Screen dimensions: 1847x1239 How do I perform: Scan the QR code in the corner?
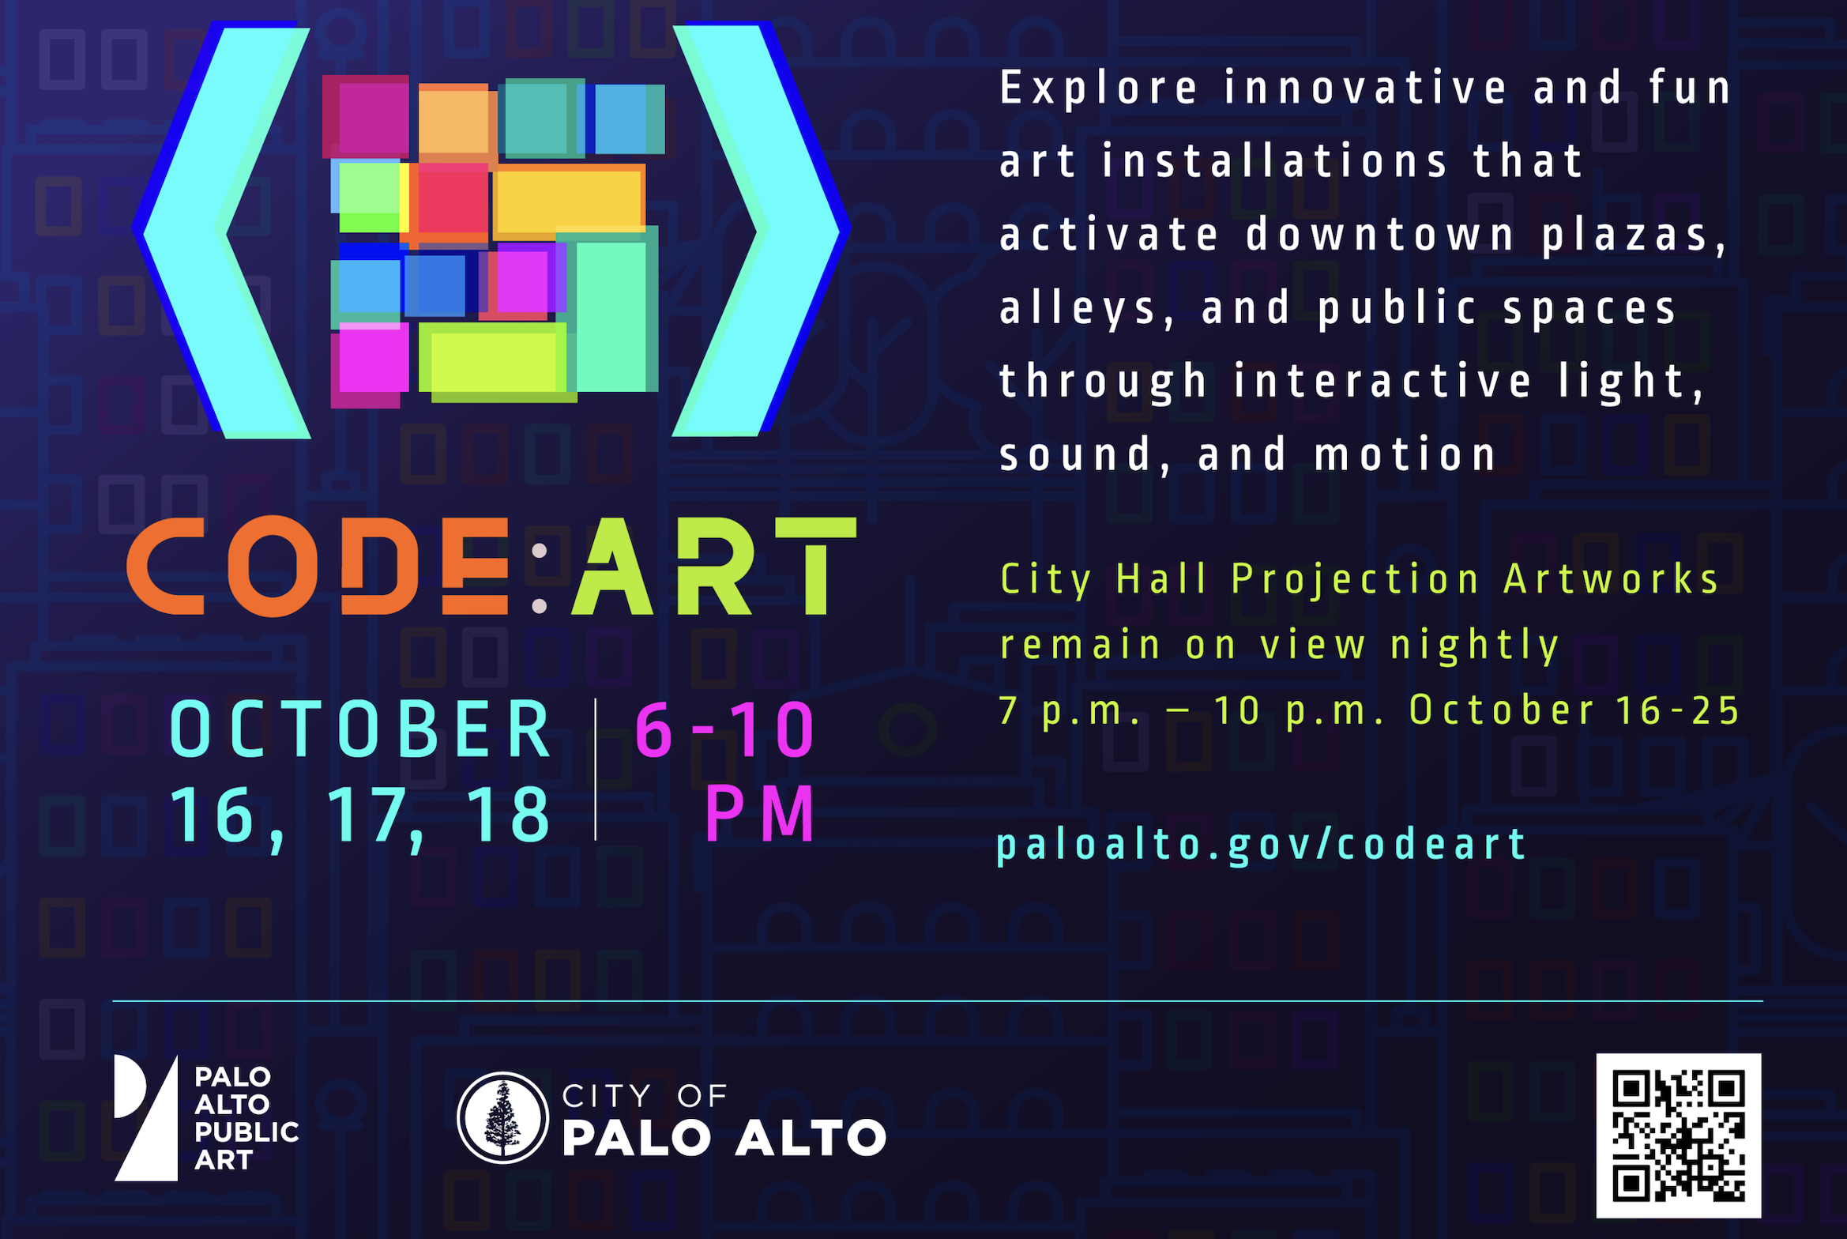[1679, 1135]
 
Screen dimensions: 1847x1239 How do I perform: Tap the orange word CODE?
[318, 567]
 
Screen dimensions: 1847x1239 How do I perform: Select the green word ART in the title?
[714, 566]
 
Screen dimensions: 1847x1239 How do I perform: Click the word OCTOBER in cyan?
[360, 729]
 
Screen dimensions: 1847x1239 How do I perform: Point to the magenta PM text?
[759, 813]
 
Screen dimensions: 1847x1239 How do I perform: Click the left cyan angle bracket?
[222, 230]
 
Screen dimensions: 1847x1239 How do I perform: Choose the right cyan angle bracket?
[761, 229]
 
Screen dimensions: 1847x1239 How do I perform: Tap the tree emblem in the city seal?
[503, 1117]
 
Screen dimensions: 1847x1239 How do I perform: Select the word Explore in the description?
[1099, 88]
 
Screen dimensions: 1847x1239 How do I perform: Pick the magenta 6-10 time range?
[724, 729]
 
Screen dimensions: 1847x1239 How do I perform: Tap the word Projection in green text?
[1356, 580]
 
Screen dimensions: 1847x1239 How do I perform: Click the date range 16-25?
[1677, 710]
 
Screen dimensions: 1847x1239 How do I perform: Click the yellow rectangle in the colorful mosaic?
[567, 201]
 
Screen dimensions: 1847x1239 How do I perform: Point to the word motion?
[1405, 455]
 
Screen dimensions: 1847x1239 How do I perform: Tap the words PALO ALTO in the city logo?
[724, 1138]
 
